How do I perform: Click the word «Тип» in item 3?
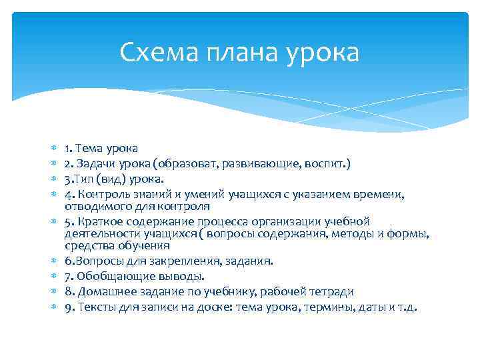[x=84, y=179]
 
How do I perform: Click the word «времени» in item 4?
[x=395, y=194]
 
